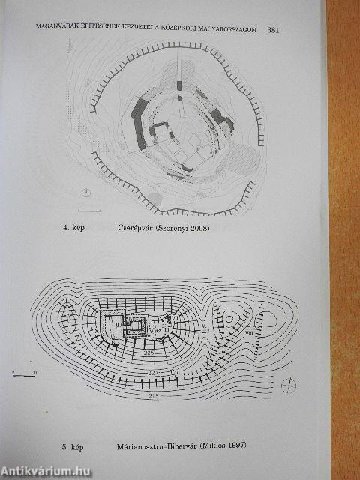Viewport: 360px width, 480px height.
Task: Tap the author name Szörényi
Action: [175, 228]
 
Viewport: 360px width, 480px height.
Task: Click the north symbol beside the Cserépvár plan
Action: [87, 192]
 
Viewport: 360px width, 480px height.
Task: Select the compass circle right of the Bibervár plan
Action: [289, 385]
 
